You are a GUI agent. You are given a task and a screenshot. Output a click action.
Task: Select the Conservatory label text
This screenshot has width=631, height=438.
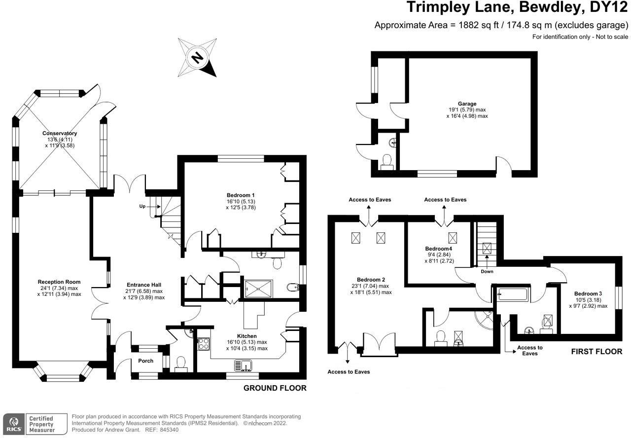59,133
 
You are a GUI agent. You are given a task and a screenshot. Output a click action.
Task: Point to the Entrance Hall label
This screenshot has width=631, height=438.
144,285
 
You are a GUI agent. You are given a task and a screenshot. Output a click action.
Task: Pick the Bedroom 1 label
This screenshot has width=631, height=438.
241,195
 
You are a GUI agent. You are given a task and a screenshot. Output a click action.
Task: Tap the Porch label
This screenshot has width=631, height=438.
145,361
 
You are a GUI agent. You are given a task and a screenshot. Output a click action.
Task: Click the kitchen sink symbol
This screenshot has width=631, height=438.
244,365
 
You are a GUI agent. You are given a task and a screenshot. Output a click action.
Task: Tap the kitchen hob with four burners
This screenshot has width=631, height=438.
204,344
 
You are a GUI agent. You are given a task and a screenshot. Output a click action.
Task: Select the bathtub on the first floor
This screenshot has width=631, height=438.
513,295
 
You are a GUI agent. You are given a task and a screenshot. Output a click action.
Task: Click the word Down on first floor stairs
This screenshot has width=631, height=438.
486,271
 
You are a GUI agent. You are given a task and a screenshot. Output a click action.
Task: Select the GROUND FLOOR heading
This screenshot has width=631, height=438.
275,388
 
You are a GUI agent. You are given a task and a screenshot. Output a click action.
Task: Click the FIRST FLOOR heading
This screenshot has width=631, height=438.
596,352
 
